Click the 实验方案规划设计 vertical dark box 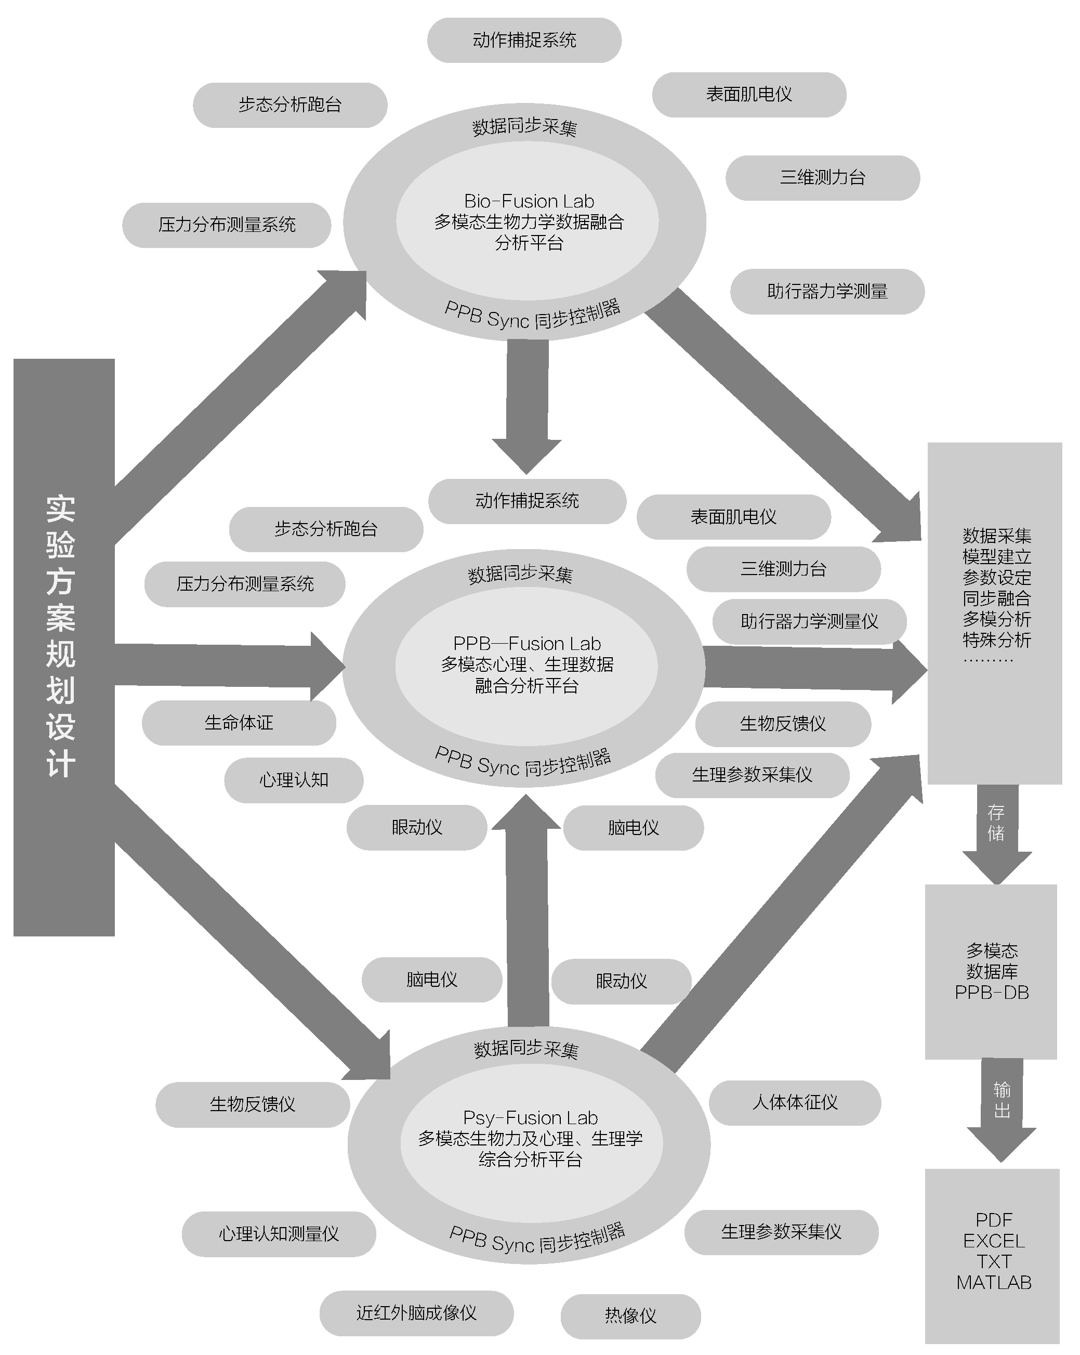coord(63,647)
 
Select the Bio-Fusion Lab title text coord(529,201)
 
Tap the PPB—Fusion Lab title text coord(526,644)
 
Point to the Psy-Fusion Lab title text coord(530,1117)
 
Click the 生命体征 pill coord(239,723)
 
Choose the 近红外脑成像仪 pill coord(416,1313)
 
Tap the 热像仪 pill coord(630,1316)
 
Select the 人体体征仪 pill coord(795,1102)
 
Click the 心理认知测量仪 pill coord(279,1234)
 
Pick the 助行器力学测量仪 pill coord(809,621)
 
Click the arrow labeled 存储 coord(996,830)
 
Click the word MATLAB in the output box coord(994,1282)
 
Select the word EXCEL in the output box coord(994,1241)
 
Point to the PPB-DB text coord(992,993)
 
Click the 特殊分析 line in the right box coord(996,640)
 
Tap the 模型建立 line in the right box coord(996,557)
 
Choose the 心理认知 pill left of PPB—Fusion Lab coord(294,780)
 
